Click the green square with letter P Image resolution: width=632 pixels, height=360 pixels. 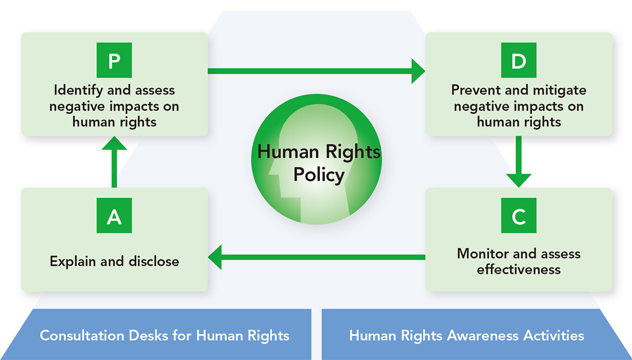114,62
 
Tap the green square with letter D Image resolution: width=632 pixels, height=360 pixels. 518,62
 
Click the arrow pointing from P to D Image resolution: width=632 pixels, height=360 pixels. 316,71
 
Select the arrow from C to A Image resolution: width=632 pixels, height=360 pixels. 316,257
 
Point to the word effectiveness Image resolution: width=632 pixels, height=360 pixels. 518,270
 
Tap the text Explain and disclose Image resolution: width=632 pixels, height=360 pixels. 114,261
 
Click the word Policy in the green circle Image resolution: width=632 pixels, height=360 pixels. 318,175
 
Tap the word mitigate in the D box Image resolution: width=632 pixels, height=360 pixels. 559,91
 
